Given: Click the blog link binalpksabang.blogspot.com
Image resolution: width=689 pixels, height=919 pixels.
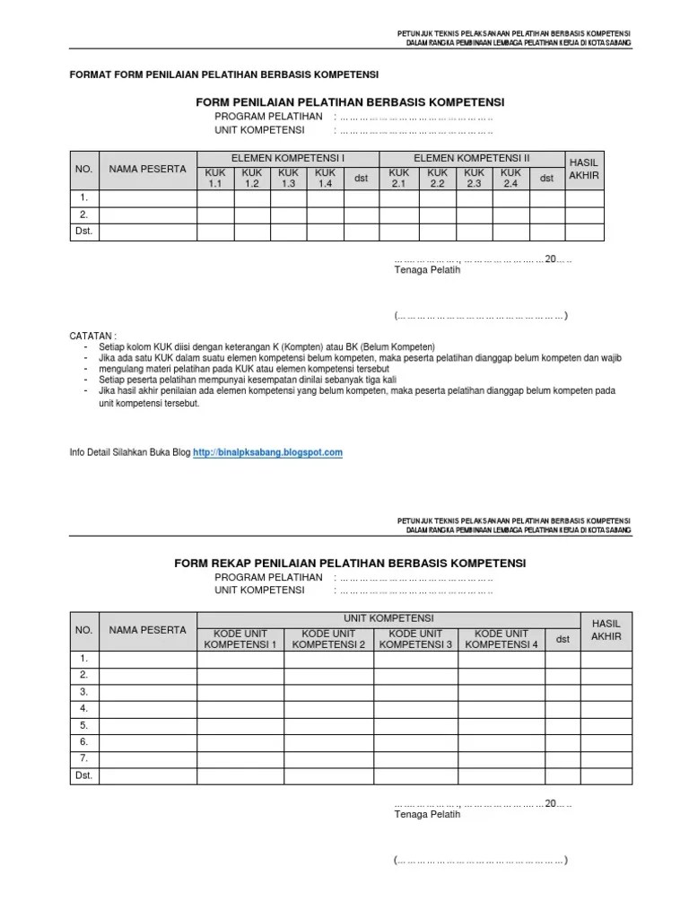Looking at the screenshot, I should coord(268,452).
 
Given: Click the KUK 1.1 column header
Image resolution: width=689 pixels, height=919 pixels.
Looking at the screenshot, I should coord(214,178).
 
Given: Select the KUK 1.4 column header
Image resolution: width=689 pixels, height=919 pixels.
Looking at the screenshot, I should coord(325,178).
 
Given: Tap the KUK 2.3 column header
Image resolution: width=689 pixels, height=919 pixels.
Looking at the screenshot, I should coord(474,178).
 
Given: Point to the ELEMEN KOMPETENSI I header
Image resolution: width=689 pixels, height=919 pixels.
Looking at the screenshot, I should coord(288,158).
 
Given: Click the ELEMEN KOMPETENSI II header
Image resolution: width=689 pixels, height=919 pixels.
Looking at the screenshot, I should coord(472,158).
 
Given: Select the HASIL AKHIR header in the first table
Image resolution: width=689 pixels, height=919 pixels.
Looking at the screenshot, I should coord(584,169).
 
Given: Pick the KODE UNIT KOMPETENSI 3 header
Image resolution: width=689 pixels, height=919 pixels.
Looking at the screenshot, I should coord(415,638).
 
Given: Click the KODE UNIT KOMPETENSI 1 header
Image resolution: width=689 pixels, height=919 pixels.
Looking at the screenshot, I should coord(240,638).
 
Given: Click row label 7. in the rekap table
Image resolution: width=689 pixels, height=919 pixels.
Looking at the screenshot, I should coord(83,757).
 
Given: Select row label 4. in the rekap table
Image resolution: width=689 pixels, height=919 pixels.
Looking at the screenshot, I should coord(83,708).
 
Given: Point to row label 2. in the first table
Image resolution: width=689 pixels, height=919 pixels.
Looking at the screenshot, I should coord(83,214).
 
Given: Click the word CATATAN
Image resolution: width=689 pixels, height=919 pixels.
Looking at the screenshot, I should coord(93,335).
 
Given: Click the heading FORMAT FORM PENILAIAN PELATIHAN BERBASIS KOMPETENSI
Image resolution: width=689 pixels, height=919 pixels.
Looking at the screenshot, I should coord(224,74).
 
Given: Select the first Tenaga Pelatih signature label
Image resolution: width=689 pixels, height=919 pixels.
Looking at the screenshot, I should coord(427,269).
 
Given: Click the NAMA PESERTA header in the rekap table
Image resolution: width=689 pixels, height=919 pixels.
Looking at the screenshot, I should coord(148,629).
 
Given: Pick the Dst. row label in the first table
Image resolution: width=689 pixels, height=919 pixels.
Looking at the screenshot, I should coord(84,232).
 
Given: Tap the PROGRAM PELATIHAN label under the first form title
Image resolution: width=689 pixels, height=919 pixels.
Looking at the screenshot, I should coord(268,117).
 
